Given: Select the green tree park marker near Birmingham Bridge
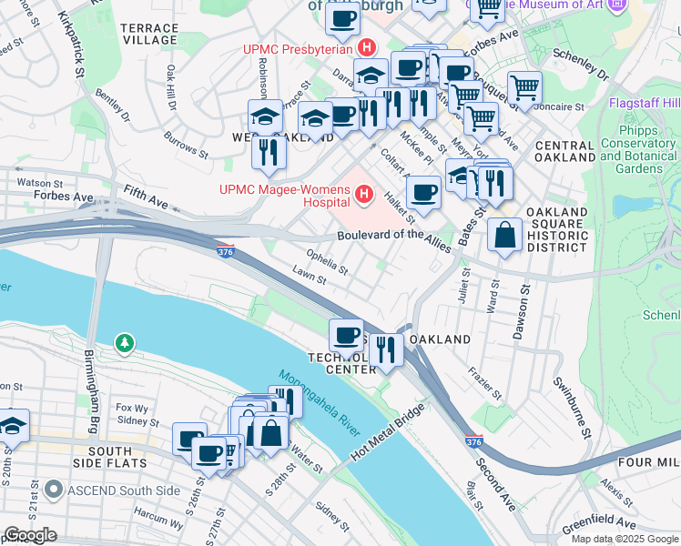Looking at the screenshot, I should (124, 343).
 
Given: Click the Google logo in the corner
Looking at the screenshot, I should (30, 536).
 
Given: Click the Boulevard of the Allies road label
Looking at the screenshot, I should (395, 235).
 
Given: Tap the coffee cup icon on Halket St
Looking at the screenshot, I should (424, 192).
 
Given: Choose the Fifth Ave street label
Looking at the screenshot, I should (147, 193).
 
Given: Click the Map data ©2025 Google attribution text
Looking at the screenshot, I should (624, 538).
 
